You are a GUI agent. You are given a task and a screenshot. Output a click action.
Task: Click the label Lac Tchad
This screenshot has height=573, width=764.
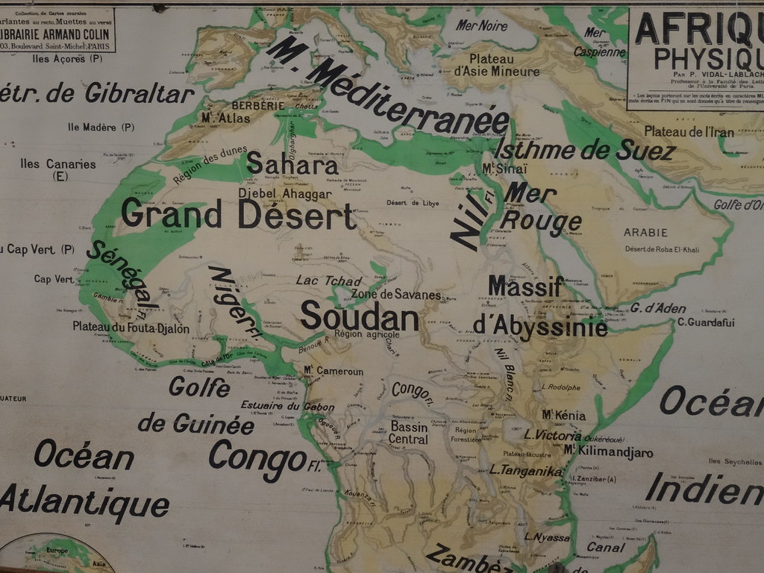tap(328, 281)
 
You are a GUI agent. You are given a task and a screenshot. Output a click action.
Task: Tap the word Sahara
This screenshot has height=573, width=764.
tap(292, 164)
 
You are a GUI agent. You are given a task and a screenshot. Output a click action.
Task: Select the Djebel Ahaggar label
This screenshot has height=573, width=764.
tap(284, 194)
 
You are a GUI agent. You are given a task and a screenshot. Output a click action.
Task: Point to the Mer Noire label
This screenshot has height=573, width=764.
tap(481, 26)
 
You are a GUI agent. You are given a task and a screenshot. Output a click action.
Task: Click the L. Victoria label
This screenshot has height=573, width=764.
tap(552, 435)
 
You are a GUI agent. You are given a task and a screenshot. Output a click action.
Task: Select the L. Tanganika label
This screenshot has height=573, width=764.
tap(525, 471)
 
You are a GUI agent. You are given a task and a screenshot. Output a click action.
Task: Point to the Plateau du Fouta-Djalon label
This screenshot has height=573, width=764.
tap(131, 328)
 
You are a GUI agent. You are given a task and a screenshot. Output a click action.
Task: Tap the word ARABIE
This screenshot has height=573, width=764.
tap(645, 233)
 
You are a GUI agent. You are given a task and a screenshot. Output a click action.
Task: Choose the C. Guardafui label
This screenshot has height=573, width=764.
tap(706, 323)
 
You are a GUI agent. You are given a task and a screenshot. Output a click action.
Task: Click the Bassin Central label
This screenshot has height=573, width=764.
tap(408, 433)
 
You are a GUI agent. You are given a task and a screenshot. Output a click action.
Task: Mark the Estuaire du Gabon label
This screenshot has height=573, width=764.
tap(287, 407)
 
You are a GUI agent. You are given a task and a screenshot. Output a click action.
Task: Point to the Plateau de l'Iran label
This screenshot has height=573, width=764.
tap(689, 132)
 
